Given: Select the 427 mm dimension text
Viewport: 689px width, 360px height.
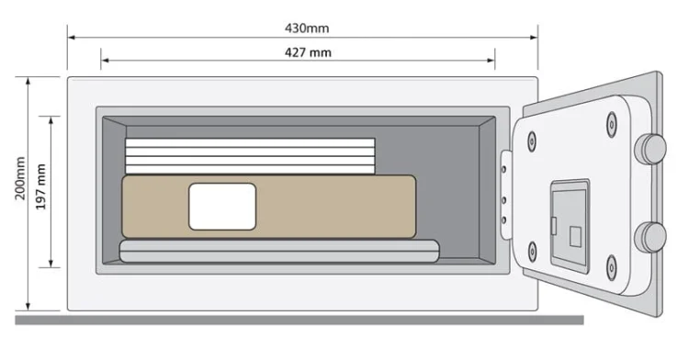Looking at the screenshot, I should click(x=307, y=52).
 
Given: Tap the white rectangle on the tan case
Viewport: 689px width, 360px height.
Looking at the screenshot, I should click(x=222, y=206).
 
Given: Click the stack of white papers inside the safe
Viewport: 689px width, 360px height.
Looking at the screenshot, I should click(x=250, y=155).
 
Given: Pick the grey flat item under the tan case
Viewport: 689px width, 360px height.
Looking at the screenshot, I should click(x=278, y=251).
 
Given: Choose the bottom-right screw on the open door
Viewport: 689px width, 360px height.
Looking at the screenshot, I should click(x=611, y=268).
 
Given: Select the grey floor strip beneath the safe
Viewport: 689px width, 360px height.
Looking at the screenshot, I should click(x=299, y=320).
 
